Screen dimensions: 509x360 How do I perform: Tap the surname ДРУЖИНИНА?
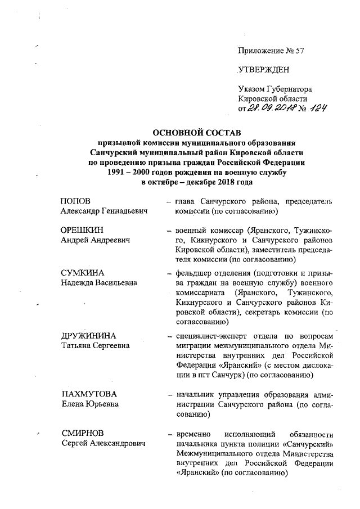click(x=88, y=336)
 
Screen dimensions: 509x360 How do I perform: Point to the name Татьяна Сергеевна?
click(x=95, y=346)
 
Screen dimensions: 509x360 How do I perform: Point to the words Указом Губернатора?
click(x=275, y=88)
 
